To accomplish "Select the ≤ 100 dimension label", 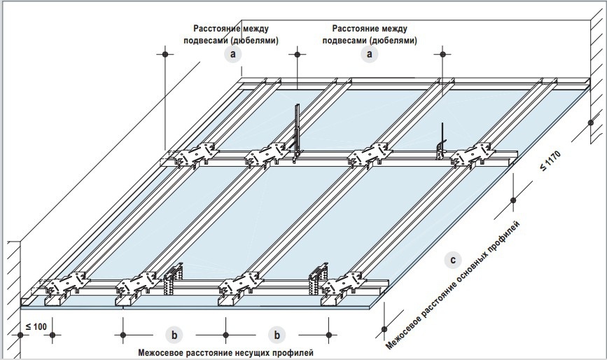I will (36, 327).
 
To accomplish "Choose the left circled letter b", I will (174, 334).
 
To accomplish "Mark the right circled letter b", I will (278, 334).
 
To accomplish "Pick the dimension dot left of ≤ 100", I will (21, 334).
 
